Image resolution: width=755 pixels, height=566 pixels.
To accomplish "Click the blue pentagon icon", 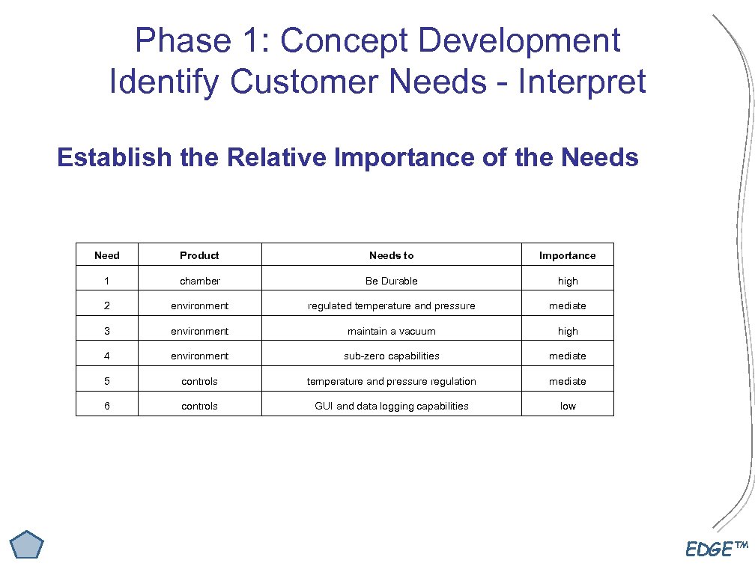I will [27, 544].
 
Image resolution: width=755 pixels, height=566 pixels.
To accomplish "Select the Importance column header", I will [567, 255].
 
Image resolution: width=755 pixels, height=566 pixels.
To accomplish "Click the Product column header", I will [199, 255].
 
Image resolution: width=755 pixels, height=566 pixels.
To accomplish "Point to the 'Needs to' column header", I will [391, 255].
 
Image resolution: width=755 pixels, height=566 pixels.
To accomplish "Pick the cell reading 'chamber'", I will [199, 281].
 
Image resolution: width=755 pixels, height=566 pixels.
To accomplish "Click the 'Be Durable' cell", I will [391, 281].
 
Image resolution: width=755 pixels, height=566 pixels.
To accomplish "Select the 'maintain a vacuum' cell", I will [391, 331].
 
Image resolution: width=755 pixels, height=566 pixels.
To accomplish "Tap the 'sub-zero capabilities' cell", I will [391, 356].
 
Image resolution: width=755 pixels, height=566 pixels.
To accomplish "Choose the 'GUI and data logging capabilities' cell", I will [391, 406].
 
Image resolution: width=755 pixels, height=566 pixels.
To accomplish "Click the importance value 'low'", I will [568, 406].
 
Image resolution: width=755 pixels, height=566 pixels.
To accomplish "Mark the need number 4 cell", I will [106, 356].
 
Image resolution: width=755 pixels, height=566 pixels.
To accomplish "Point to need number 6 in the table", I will [106, 406].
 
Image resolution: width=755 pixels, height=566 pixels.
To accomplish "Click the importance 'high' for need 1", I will [568, 281].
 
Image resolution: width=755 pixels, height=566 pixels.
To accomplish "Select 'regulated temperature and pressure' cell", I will [391, 305].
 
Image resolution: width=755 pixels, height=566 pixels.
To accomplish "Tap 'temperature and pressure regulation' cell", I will [391, 381].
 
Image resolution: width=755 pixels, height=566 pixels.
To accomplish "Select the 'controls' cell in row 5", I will [199, 381].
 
